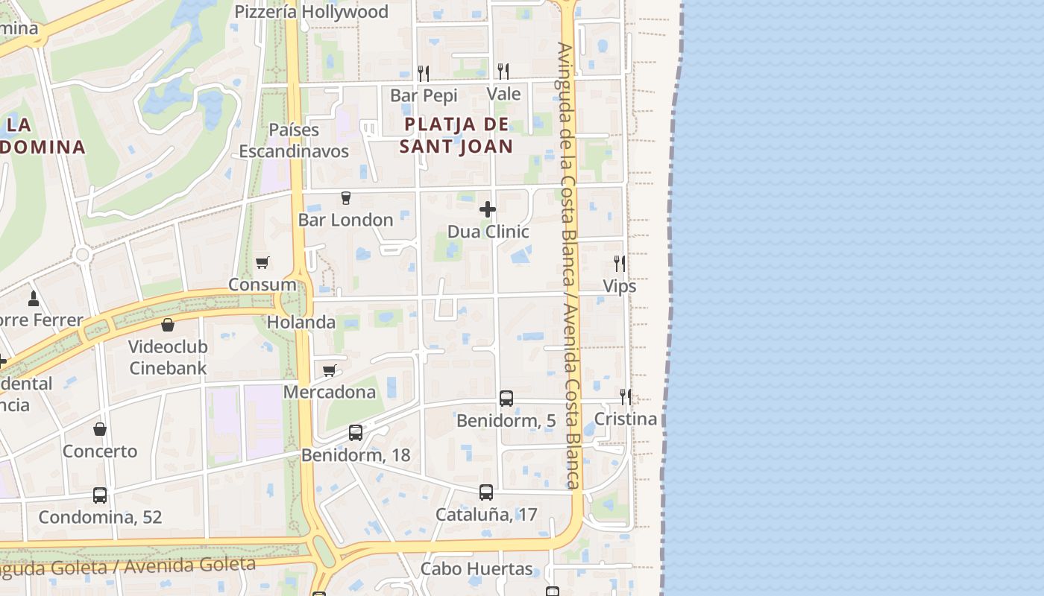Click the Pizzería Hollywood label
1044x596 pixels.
pyautogui.click(x=311, y=12)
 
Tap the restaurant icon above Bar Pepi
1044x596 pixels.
pyautogui.click(x=424, y=72)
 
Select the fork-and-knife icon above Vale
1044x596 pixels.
pyautogui.click(x=503, y=71)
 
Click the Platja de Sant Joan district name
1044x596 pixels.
pyautogui.click(x=456, y=135)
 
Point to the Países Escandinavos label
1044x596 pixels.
pyautogui.click(x=294, y=140)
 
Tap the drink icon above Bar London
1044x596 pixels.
pyautogui.click(x=345, y=198)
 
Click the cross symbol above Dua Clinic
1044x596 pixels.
pyautogui.click(x=488, y=209)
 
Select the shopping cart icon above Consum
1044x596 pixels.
pyautogui.click(x=262, y=262)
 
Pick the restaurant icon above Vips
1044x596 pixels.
pyautogui.click(x=619, y=263)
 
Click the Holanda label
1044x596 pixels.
pyautogui.click(x=301, y=323)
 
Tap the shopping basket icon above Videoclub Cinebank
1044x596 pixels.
pyautogui.click(x=168, y=325)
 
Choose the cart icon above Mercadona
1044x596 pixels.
pyautogui.click(x=329, y=370)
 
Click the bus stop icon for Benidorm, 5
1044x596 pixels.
pyautogui.click(x=506, y=399)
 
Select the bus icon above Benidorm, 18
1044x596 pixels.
pyautogui.click(x=356, y=433)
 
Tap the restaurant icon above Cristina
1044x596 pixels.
pyautogui.click(x=625, y=396)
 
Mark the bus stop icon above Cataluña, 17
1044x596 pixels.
pyautogui.click(x=486, y=492)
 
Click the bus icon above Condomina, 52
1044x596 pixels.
pyautogui.click(x=100, y=495)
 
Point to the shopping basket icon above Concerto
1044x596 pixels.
pyautogui.click(x=100, y=429)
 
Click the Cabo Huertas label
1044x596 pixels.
pyautogui.click(x=477, y=569)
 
